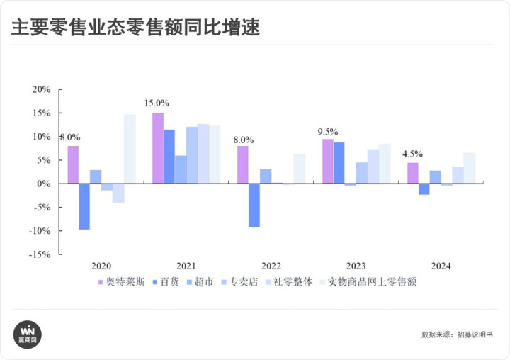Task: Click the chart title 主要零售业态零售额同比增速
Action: [135, 27]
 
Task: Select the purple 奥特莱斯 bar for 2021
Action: [158, 148]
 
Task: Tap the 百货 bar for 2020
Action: [84, 206]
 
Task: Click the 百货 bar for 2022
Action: [254, 205]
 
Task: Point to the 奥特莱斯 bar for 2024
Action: [412, 173]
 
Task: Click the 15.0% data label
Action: [157, 103]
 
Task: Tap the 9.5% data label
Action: [327, 131]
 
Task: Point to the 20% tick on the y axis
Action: [42, 89]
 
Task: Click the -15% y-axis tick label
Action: [40, 254]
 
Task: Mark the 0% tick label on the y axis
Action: [45, 184]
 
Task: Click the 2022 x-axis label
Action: [271, 266]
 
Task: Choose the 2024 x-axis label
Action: [441, 266]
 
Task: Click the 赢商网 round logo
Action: [28, 333]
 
